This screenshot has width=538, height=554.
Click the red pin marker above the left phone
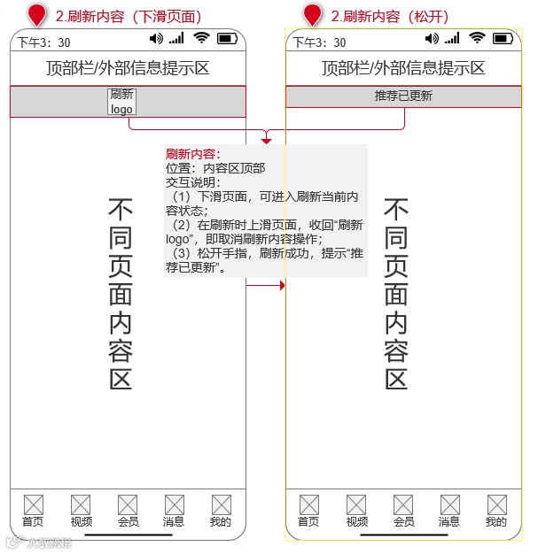pyautogui.click(x=36, y=15)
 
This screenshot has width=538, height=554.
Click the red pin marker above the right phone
pyautogui.click(x=312, y=15)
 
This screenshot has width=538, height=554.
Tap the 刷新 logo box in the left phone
pyautogui.click(x=121, y=102)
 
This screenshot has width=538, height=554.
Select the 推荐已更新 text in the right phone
pyautogui.click(x=403, y=96)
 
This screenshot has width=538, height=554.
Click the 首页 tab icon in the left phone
pyautogui.click(x=33, y=504)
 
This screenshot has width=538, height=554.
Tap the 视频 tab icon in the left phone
pyautogui.click(x=82, y=504)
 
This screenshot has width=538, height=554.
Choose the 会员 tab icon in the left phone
pyautogui.click(x=129, y=504)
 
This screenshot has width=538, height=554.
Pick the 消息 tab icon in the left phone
pyautogui.click(x=174, y=504)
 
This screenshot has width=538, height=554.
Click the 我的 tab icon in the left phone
pyautogui.click(x=221, y=504)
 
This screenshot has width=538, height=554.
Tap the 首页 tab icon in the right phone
pyautogui.click(x=308, y=504)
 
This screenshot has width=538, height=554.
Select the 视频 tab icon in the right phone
pyautogui.click(x=357, y=504)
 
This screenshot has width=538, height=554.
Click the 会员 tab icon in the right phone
pyautogui.click(x=404, y=504)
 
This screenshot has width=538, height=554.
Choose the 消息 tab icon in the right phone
pyautogui.click(x=449, y=504)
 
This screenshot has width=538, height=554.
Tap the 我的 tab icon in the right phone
pyautogui.click(x=496, y=504)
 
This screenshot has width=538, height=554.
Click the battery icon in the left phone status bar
pyautogui.click(x=227, y=38)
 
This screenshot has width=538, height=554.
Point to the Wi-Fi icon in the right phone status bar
pyautogui.click(x=478, y=38)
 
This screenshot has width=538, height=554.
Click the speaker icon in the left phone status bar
pyautogui.click(x=157, y=38)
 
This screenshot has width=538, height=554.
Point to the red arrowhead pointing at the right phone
pyautogui.click(x=282, y=286)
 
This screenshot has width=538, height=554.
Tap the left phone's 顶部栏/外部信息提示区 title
pyautogui.click(x=128, y=68)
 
